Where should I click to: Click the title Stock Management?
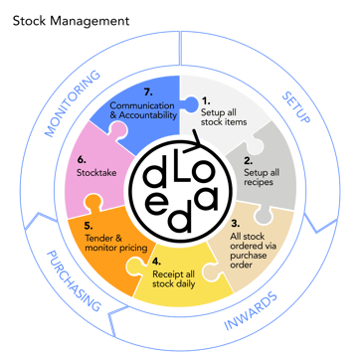(x=71, y=21)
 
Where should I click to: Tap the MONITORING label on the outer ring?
(x=72, y=103)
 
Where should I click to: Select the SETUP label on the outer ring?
(x=295, y=107)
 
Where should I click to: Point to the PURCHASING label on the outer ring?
(x=74, y=281)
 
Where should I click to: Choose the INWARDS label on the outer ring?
(x=251, y=310)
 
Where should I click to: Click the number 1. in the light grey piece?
(x=206, y=100)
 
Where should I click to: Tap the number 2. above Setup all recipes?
(x=249, y=161)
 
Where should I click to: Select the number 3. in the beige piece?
(x=235, y=223)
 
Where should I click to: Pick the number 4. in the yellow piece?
(x=157, y=262)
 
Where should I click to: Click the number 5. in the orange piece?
(x=89, y=226)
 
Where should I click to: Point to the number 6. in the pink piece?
(x=82, y=160)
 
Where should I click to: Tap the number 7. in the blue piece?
(x=148, y=92)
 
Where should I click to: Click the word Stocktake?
(x=96, y=173)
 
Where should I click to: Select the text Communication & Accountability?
(x=142, y=110)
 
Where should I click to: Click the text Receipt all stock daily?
(x=173, y=279)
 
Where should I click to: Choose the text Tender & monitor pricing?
(x=116, y=243)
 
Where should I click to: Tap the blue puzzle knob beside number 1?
(x=190, y=104)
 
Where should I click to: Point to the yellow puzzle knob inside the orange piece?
(x=135, y=266)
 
